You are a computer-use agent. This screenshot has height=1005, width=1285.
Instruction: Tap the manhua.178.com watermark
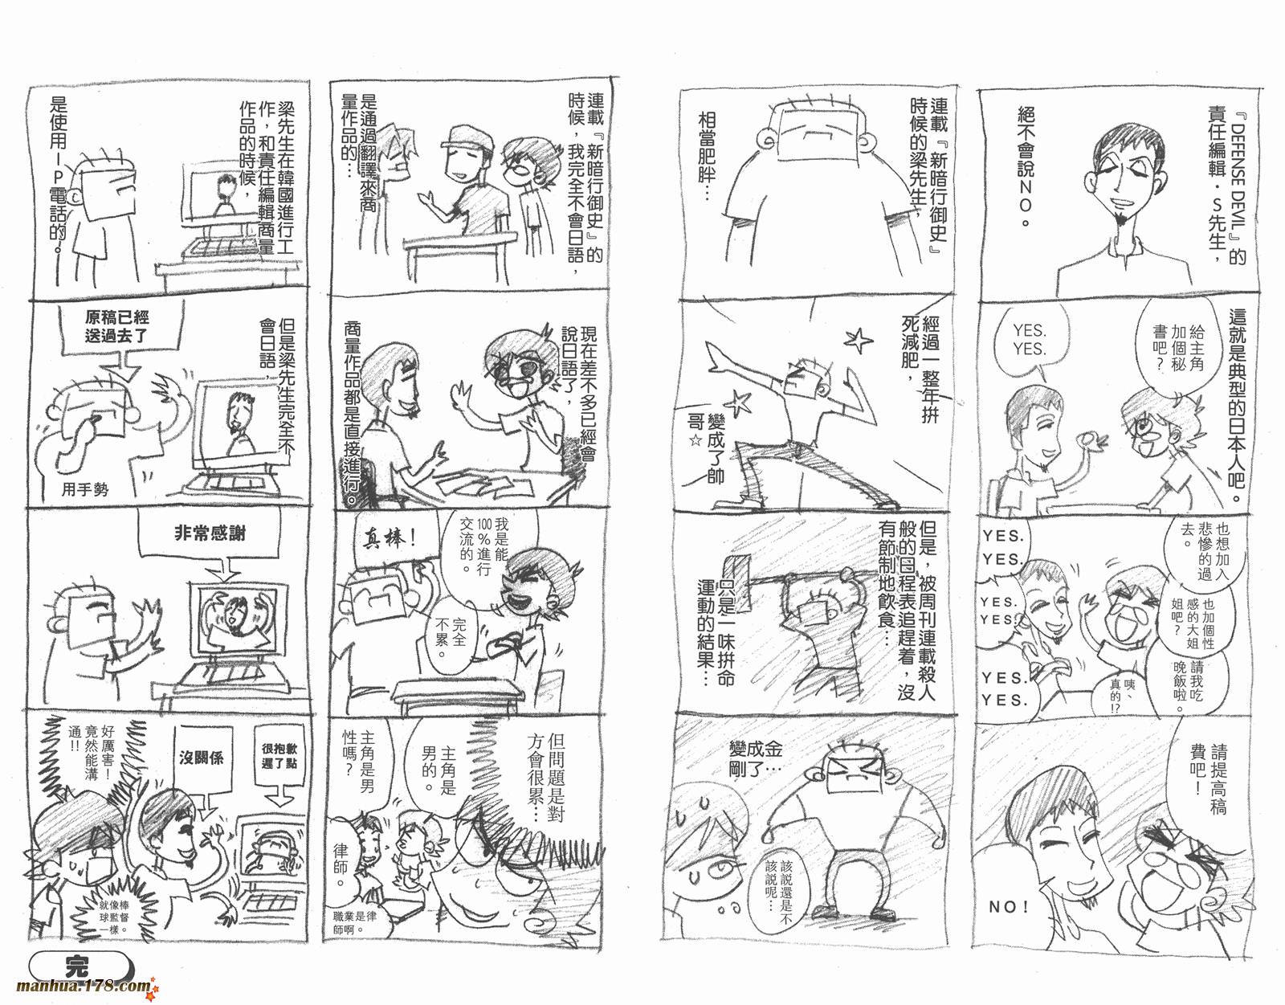pos(87,987)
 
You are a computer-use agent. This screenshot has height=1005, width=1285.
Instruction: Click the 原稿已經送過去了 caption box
pos(117,326)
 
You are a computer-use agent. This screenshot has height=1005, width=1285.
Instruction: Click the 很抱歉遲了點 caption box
pos(279,756)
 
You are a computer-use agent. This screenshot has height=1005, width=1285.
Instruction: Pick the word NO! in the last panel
pos(1008,906)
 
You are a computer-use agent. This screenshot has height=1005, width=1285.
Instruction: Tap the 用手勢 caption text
pos(85,488)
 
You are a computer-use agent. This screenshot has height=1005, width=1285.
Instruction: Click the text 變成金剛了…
pos(756,758)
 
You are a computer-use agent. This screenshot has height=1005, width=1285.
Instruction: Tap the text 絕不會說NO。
pos(1026,166)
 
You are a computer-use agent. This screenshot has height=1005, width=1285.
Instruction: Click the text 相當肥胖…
pos(707,156)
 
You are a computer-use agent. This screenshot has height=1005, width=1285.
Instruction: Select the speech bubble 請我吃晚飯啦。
pos(1189,686)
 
